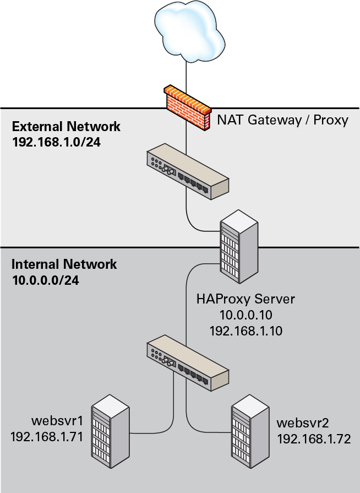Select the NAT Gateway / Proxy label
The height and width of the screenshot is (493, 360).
tap(283, 120)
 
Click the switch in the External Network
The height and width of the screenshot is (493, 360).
tap(187, 171)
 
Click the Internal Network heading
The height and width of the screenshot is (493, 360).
tap(64, 264)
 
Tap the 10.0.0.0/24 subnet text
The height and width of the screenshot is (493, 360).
tap(45, 280)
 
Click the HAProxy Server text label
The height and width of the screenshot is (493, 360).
tap(246, 300)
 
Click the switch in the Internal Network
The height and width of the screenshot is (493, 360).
tap(187, 365)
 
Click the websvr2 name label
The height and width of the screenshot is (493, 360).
tap(303, 423)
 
